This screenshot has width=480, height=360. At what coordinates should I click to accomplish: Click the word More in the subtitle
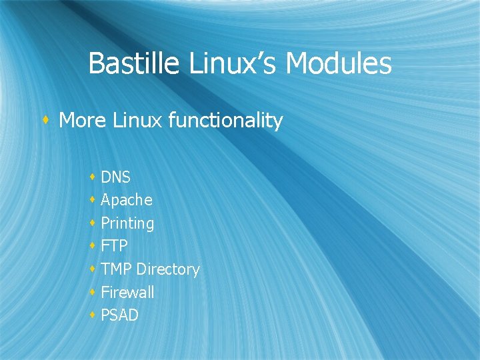click(x=83, y=121)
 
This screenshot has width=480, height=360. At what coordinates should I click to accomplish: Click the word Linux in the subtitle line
click(x=138, y=121)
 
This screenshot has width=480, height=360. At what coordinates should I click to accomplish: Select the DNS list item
click(x=115, y=177)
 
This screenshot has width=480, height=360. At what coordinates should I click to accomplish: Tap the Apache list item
click(x=126, y=200)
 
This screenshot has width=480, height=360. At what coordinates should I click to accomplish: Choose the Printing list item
click(x=127, y=223)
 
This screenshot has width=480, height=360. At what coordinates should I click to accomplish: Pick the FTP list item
click(x=114, y=246)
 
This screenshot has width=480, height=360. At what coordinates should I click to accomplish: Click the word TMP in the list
click(x=116, y=269)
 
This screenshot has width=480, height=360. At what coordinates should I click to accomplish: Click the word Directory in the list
click(x=167, y=269)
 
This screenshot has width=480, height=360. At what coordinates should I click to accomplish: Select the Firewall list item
click(x=127, y=292)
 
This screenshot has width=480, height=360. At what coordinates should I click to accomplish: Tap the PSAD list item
click(x=119, y=315)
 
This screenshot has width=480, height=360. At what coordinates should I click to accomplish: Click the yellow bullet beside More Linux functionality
click(x=45, y=121)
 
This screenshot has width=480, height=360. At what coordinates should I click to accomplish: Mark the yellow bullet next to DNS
click(x=92, y=177)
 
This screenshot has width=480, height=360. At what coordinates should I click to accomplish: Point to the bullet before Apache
click(x=92, y=200)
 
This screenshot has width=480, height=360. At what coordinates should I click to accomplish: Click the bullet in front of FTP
click(x=92, y=246)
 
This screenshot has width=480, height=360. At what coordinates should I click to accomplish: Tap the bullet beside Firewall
click(x=92, y=292)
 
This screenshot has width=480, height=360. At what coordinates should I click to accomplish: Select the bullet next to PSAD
click(x=92, y=315)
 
